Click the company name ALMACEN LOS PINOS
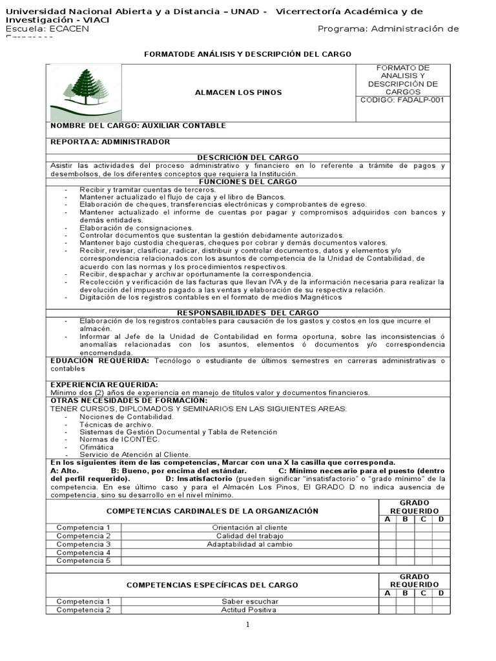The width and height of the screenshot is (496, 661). click(x=238, y=92)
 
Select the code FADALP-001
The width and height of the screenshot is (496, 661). click(x=402, y=100)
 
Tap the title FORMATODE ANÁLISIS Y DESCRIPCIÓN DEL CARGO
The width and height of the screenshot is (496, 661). click(x=247, y=54)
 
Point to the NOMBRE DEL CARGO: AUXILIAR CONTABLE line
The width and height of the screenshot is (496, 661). click(x=138, y=125)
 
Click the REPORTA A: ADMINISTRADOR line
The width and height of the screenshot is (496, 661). click(x=110, y=141)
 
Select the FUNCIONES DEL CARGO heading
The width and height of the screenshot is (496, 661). click(x=247, y=181)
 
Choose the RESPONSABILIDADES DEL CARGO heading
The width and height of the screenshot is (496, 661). click(x=247, y=313)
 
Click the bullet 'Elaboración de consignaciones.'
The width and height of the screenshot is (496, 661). click(x=136, y=228)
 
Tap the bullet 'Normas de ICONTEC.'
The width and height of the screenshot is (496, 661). click(x=119, y=439)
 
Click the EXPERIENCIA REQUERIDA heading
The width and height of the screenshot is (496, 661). click(x=104, y=385)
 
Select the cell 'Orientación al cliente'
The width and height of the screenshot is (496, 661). click(x=249, y=527)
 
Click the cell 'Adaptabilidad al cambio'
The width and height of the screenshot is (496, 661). click(x=249, y=544)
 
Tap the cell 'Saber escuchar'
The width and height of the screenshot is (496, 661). click(x=249, y=602)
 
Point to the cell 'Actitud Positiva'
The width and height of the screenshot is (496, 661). click(x=249, y=610)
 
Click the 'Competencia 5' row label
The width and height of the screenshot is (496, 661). click(x=83, y=561)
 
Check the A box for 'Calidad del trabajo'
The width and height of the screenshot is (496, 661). click(x=387, y=536)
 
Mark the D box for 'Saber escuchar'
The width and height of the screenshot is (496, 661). click(x=440, y=602)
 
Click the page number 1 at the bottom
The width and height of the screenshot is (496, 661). click(x=247, y=625)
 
